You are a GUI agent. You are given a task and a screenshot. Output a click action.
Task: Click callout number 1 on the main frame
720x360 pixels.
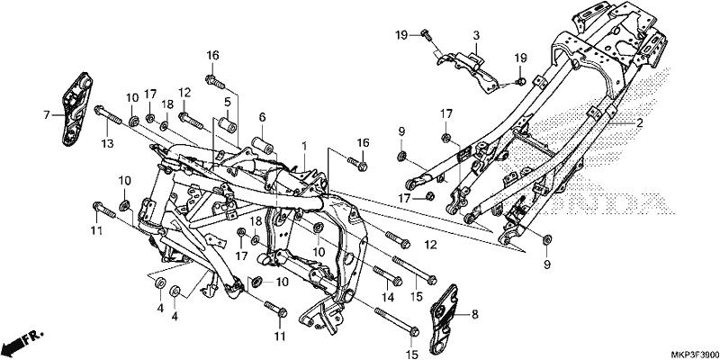[x=303, y=146]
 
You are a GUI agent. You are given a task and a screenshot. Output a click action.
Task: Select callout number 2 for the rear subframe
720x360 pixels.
[x=639, y=123]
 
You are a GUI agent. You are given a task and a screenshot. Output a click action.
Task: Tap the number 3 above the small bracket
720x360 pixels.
[x=476, y=35]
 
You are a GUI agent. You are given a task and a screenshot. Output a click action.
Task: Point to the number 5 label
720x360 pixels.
[x=228, y=101]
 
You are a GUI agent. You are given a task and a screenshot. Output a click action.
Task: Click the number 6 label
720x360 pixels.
[x=262, y=118]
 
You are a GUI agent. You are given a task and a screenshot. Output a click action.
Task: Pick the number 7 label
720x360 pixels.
[x=47, y=115]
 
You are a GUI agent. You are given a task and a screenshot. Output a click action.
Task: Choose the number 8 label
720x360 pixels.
[x=475, y=315]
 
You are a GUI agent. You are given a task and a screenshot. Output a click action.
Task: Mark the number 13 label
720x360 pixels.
[x=107, y=144]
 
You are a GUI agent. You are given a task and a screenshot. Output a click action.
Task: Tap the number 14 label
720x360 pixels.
[x=388, y=298]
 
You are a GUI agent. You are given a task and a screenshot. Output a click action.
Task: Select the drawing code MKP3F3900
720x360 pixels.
[x=695, y=355]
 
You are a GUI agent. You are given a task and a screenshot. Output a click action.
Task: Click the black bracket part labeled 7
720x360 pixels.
[x=76, y=108]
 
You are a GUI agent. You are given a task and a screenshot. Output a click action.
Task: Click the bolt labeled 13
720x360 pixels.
[x=108, y=115]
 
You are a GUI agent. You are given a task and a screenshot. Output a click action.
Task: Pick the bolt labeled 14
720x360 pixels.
[x=388, y=274]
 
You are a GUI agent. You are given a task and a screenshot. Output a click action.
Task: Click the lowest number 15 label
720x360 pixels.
[x=411, y=355]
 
